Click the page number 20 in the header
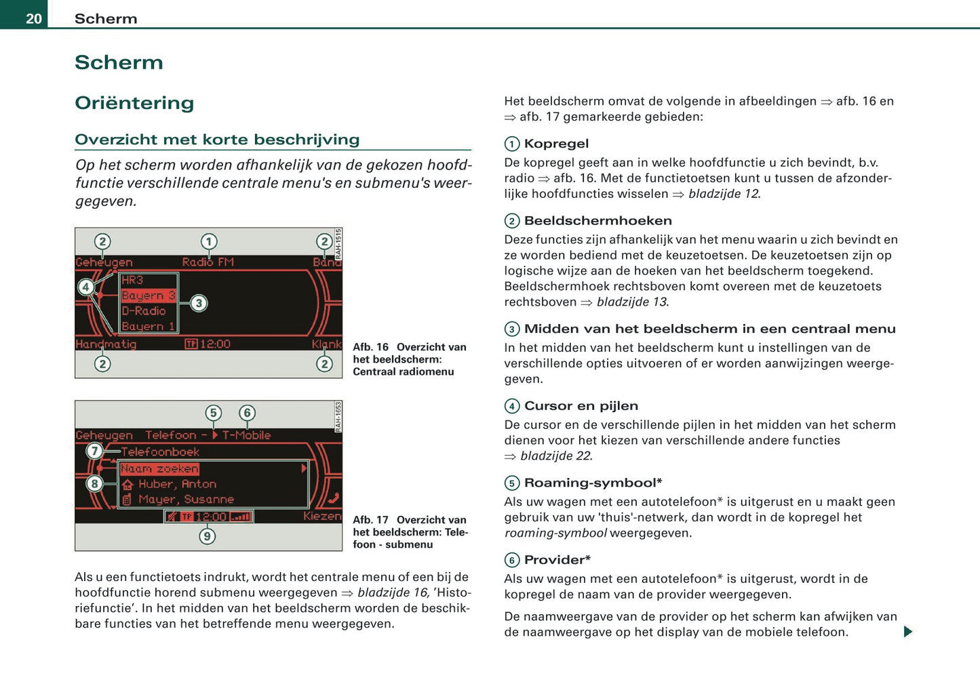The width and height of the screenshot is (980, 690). tap(34, 19)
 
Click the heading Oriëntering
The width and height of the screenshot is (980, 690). tap(134, 103)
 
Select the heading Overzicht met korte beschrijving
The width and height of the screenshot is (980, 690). tap(217, 140)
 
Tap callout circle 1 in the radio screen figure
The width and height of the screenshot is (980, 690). tap(209, 241)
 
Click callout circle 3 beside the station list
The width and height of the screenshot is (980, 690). tap(198, 303)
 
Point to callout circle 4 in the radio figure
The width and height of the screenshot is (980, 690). tap(85, 287)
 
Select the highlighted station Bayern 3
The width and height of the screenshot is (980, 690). tap(149, 296)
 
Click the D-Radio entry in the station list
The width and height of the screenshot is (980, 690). tap(144, 311)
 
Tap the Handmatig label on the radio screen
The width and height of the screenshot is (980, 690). tap(106, 344)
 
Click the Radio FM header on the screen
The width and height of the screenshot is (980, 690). tap(208, 262)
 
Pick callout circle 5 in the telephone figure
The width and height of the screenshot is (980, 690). tap(214, 413)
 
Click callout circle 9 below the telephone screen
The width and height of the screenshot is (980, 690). tap(208, 536)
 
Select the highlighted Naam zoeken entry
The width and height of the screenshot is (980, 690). tap(160, 468)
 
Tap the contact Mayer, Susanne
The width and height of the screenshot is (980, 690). tap(186, 500)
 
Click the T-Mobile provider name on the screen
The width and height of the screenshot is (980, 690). tap(246, 435)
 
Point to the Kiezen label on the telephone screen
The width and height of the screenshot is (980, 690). tap(322, 516)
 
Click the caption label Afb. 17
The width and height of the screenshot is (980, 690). tap(370, 520)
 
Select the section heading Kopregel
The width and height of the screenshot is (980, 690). tap(556, 144)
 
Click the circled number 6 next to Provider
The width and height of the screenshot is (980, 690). tap(512, 560)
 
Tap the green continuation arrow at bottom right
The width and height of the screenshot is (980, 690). tap(908, 632)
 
